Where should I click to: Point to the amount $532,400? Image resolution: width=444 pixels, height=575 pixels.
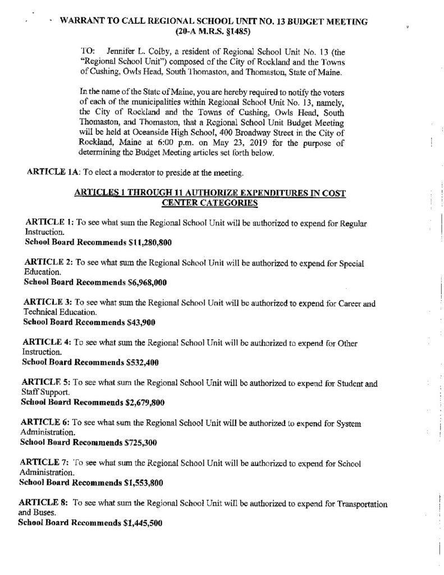click(141, 362)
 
